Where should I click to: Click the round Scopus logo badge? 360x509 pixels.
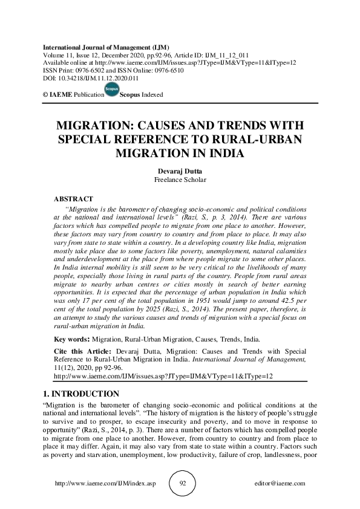[111, 91]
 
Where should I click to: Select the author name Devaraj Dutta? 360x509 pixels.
[180, 171]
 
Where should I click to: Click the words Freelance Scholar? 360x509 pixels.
[180, 180]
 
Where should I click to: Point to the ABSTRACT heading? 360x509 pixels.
[73, 198]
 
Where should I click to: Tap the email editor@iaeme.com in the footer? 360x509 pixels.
[280, 484]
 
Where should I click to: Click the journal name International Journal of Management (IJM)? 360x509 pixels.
[106, 47]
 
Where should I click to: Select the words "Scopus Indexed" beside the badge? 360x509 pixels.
[142, 95]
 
